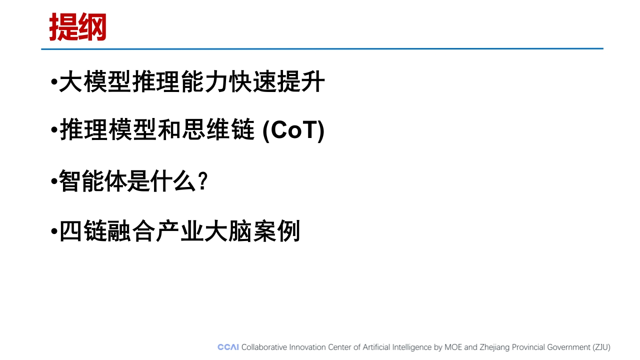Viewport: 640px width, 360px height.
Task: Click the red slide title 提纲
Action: (77, 27)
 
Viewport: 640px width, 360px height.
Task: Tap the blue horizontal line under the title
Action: (322, 49)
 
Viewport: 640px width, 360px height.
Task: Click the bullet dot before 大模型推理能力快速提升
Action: (54, 82)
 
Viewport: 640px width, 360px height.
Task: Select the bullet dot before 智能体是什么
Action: (54, 181)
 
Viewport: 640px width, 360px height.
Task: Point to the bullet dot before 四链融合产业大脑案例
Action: (54, 231)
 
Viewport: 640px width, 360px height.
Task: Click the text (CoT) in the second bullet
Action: (293, 130)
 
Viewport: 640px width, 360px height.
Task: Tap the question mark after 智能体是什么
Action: (203, 180)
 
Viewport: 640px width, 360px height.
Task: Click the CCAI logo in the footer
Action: (228, 347)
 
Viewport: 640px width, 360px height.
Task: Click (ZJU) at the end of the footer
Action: (601, 347)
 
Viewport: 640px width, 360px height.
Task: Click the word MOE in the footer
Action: (453, 347)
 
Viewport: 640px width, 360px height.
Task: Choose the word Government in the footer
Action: (568, 347)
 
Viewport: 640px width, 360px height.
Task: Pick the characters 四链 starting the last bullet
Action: (83, 231)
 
